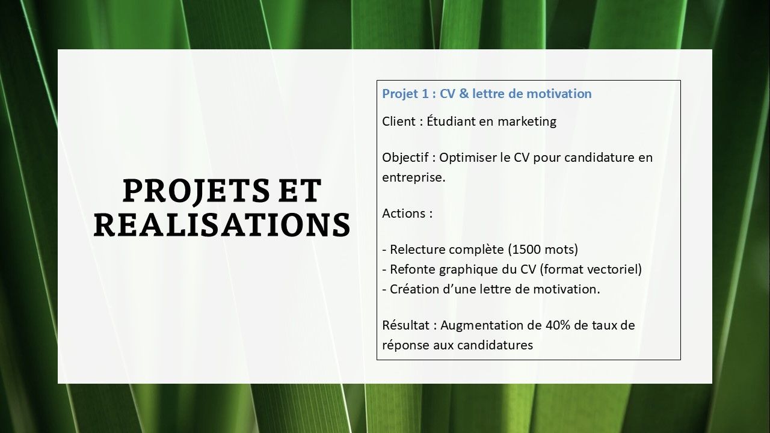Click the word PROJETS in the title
coord(196,191)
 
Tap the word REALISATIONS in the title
coord(222,224)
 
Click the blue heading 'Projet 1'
coord(405,94)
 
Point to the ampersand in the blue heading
coord(464,93)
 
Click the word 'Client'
coord(399,121)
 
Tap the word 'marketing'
coord(527,122)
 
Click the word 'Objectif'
coord(405,158)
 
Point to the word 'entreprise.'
coord(414,178)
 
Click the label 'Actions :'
coord(407,213)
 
